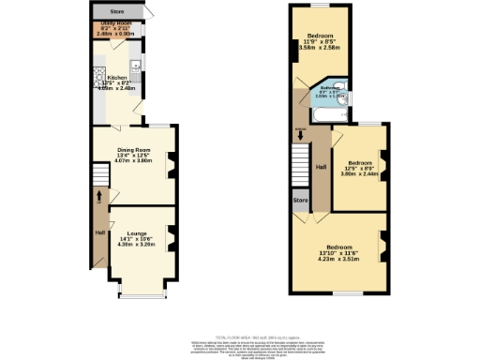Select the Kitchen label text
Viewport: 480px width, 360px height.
tap(117, 78)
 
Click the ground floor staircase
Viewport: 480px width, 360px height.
tap(100, 177)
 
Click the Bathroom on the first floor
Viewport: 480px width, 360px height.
tap(328, 91)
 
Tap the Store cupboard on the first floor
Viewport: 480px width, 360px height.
tap(300, 200)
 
